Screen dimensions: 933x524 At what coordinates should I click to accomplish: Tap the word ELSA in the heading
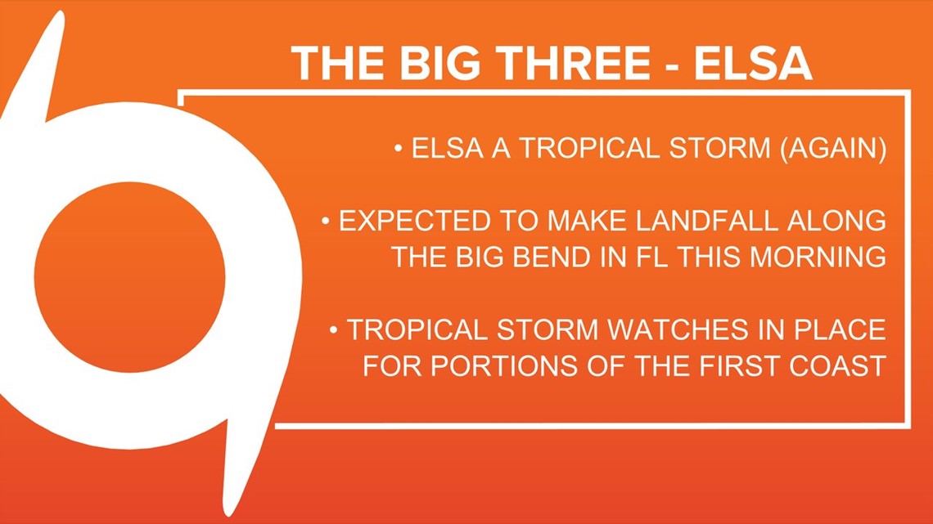click(753, 63)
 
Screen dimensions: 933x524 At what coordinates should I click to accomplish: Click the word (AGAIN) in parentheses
click(833, 148)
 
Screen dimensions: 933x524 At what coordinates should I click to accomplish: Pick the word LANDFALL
click(707, 221)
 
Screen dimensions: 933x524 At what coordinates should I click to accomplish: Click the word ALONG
click(836, 221)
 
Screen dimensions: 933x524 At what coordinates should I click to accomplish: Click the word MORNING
click(818, 258)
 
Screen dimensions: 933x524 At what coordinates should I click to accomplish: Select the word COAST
click(838, 366)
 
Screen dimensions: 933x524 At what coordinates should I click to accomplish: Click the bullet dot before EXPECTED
click(326, 222)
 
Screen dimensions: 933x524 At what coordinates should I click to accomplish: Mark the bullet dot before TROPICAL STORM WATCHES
click(334, 329)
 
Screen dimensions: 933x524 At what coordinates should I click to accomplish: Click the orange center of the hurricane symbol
click(129, 277)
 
